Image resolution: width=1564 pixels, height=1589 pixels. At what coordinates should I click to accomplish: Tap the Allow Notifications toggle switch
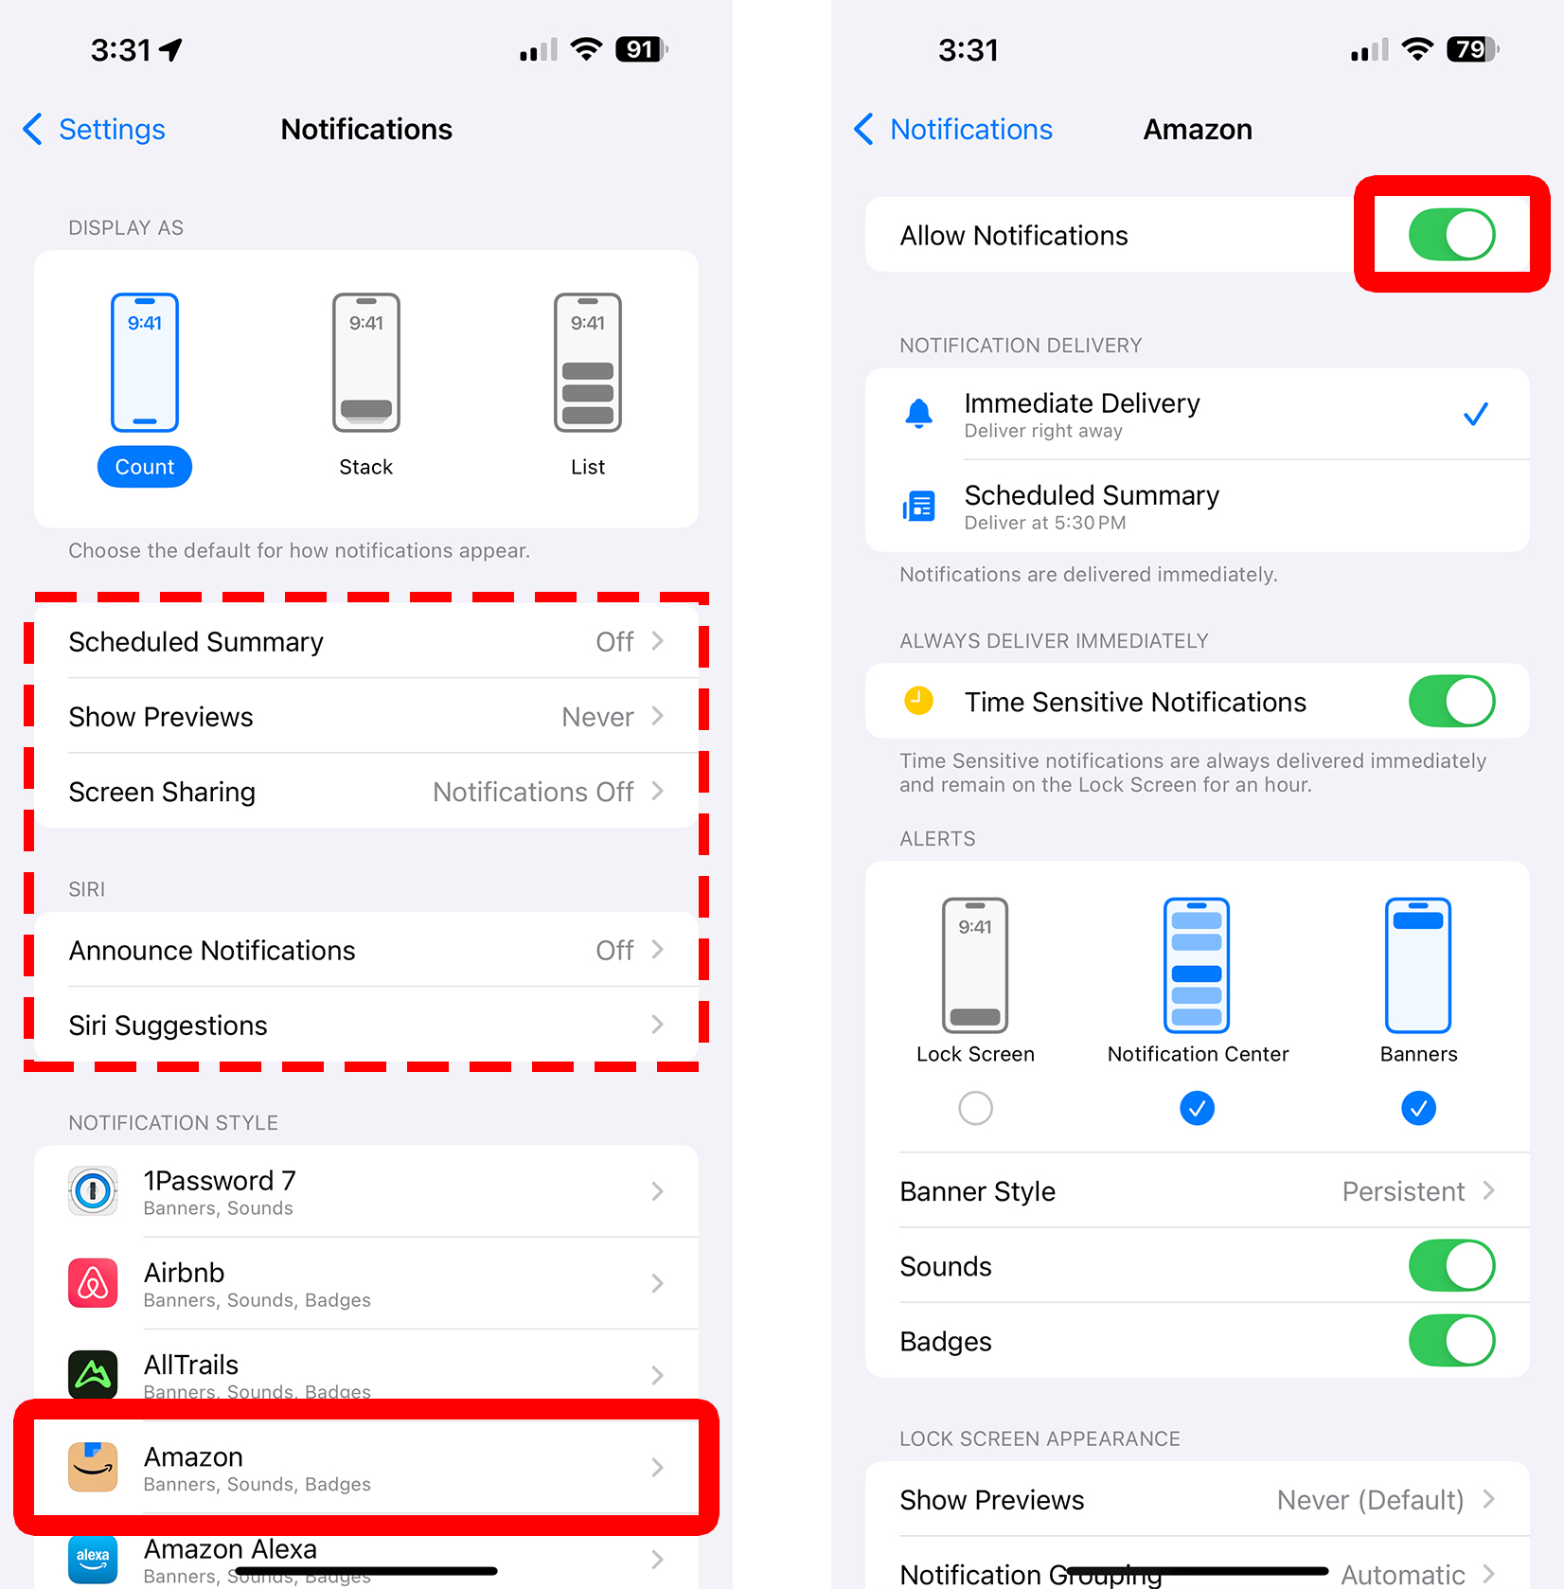tap(1450, 235)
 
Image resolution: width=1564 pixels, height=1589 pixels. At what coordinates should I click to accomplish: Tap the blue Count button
tap(145, 467)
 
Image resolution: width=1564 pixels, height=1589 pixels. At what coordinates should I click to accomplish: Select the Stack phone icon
tap(366, 362)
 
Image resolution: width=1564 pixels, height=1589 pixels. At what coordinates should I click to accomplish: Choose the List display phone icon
tap(587, 362)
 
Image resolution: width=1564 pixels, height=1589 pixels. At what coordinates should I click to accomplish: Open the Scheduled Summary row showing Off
tap(365, 642)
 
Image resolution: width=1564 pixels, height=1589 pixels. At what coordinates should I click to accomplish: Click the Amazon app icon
tap(93, 1467)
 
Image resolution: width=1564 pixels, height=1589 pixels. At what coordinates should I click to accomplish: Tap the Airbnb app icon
tap(93, 1283)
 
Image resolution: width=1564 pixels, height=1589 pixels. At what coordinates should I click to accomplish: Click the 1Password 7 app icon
tap(93, 1191)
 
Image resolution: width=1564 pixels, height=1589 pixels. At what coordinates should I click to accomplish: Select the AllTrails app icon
tap(93, 1374)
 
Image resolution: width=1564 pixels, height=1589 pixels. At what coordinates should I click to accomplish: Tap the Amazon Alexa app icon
tap(93, 1558)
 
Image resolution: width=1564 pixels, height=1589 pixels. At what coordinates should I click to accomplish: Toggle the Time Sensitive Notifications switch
tap(1450, 702)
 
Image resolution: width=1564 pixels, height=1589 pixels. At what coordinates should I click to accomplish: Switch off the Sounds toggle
tap(1450, 1266)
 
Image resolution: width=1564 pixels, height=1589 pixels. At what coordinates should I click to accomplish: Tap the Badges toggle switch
tap(1450, 1341)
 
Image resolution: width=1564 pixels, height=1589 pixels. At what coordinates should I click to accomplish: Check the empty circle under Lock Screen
tap(975, 1108)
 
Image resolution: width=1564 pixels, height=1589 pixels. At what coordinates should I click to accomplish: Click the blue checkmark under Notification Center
tap(1197, 1108)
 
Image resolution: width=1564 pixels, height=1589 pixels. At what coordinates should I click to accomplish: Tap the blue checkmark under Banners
tap(1418, 1108)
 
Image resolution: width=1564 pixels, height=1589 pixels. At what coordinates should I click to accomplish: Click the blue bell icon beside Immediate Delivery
tap(918, 414)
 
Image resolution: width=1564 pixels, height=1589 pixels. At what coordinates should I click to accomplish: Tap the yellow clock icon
tap(918, 702)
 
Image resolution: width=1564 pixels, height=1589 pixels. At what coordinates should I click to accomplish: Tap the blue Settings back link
tap(95, 130)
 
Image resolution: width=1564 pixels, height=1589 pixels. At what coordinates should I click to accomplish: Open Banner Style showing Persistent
tap(1197, 1191)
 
